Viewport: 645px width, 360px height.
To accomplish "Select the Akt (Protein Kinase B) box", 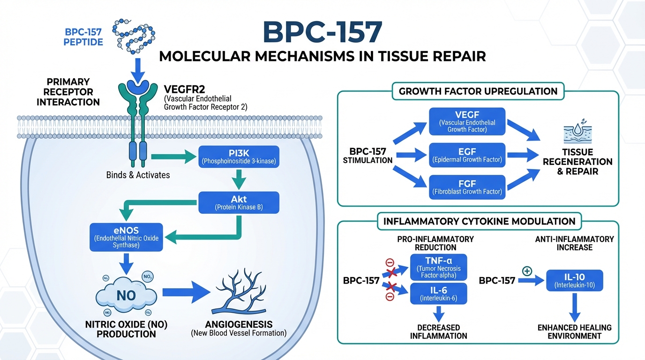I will pos(239,202).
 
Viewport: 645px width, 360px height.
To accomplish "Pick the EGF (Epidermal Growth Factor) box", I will pos(467,155).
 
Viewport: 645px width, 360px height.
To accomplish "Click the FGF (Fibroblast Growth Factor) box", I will pos(467,187).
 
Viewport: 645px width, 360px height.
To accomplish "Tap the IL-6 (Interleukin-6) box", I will pos(439,293).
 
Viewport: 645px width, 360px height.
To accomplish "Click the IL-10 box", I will pos(575,280).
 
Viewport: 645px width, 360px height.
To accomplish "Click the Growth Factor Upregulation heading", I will pos(478,91).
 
